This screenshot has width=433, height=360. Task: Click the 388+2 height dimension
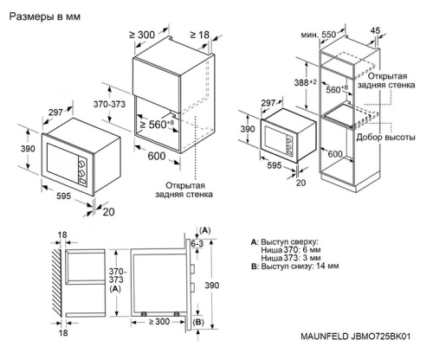point(296,81)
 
